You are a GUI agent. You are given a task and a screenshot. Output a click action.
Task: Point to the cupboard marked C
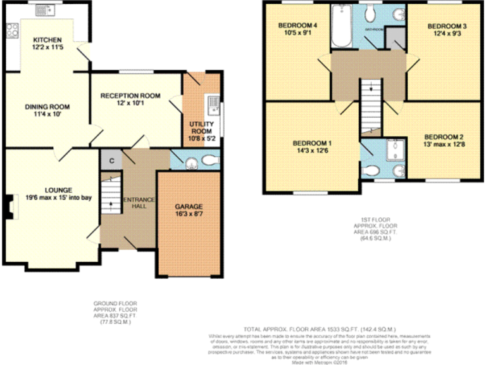111,160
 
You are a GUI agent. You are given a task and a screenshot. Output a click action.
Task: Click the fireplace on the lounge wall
9,207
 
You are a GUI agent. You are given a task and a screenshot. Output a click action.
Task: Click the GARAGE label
189,206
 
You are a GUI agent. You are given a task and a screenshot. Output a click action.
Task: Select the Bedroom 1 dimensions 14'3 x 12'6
311,151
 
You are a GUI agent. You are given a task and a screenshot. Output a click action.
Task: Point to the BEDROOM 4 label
297,25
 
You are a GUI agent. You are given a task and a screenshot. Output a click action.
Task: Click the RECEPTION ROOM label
131,96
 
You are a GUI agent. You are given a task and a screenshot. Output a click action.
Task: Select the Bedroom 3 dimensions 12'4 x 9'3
446,34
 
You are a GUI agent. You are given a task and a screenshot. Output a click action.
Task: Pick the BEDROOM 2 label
443,137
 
